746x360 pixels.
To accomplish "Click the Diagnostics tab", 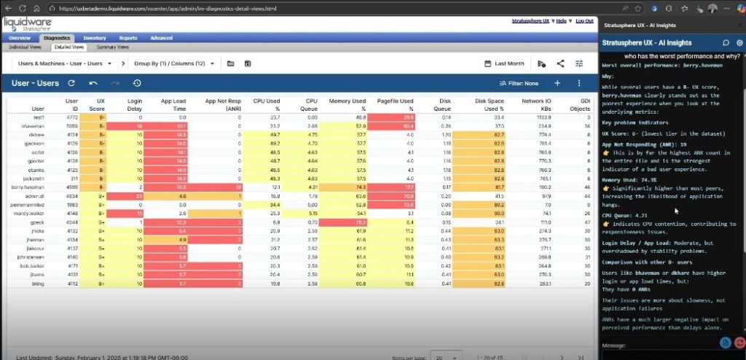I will pyautogui.click(x=57, y=37).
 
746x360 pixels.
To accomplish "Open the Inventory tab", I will pyautogui.click(x=95, y=37).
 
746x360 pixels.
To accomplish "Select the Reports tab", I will pyautogui.click(x=128, y=37).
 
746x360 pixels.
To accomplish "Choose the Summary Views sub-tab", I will pyautogui.click(x=112, y=47).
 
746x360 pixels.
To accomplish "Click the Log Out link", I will pyautogui.click(x=584, y=20).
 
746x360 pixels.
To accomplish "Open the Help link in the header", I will pyautogui.click(x=562, y=20).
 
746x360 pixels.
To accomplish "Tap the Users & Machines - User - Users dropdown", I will pyautogui.click(x=65, y=63).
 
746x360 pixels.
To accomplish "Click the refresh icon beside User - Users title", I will pyautogui.click(x=71, y=84).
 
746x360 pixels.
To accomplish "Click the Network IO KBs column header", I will pyautogui.click(x=535, y=103).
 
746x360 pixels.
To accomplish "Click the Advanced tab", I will pyautogui.click(x=161, y=37).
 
